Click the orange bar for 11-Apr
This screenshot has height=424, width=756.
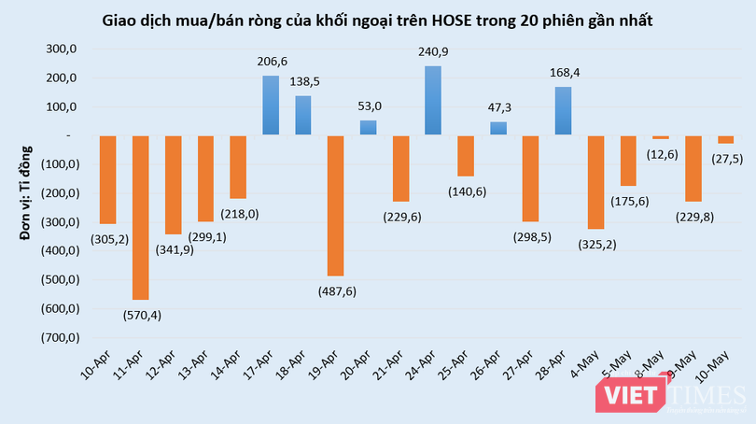[x=141, y=218]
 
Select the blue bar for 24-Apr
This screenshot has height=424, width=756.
[x=433, y=101]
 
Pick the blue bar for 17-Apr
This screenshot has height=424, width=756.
[x=271, y=106]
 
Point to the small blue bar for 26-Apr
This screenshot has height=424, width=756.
[x=498, y=129]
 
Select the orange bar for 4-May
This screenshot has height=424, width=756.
[x=595, y=182]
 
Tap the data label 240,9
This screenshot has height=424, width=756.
[x=433, y=53]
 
